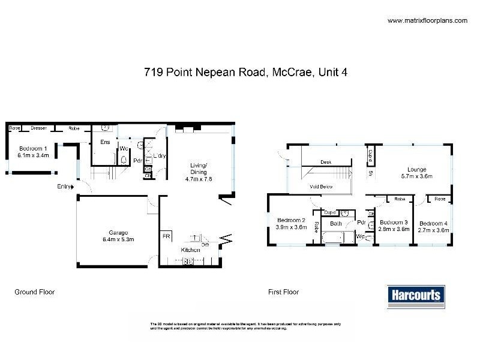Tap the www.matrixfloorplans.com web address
427,20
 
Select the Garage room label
113,232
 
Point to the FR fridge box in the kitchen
166,236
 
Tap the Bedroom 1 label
34,148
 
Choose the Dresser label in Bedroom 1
40,128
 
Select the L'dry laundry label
159,156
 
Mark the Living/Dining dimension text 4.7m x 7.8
199,179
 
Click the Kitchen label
191,250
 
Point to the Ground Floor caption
34,292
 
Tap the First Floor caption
283,292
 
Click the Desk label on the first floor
326,162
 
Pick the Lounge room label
416,169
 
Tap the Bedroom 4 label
434,221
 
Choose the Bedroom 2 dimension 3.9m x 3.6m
291,228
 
